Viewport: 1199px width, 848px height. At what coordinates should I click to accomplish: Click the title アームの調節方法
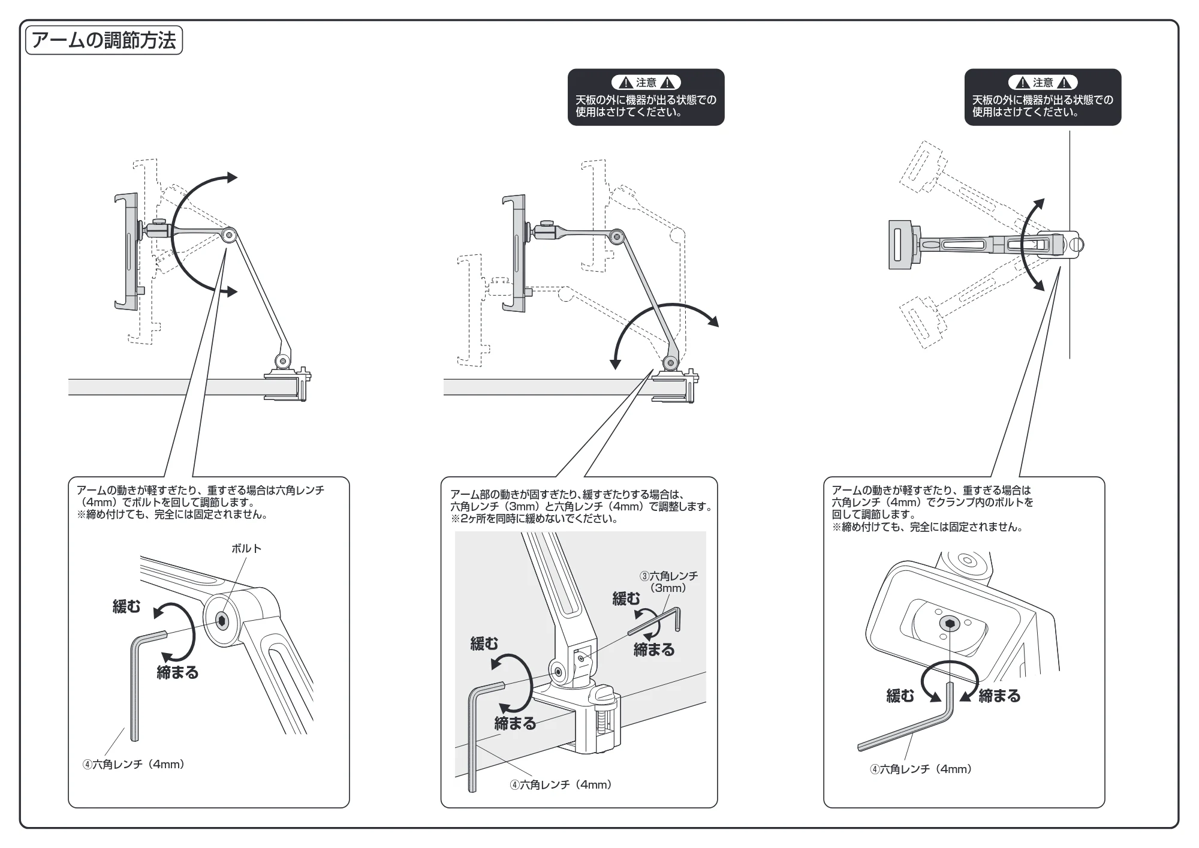point(104,40)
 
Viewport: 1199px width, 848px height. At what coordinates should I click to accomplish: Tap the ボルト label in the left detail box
point(246,549)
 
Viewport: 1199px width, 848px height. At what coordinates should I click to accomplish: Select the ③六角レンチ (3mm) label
point(668,582)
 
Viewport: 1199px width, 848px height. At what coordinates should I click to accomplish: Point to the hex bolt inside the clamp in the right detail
point(951,624)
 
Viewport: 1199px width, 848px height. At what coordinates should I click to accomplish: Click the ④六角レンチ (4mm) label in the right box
point(921,769)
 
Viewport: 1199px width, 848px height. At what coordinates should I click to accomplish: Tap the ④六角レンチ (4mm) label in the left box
point(134,764)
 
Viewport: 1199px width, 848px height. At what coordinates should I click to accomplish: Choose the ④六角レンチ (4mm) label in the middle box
point(561,784)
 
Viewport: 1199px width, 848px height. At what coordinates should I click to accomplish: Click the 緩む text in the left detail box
point(126,606)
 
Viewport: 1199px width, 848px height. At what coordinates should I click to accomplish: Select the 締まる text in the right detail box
point(999,696)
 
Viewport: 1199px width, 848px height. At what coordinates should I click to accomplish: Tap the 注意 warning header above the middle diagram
point(646,83)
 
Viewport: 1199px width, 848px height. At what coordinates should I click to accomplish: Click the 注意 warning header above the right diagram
point(1043,83)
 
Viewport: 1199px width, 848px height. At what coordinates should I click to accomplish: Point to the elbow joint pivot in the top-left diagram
point(228,234)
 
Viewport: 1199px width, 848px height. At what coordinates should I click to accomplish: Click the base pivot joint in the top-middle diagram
point(670,362)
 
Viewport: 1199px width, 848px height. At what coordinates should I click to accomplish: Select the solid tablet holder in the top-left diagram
point(127,252)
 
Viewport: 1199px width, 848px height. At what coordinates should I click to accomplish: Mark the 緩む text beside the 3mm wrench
point(626,599)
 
